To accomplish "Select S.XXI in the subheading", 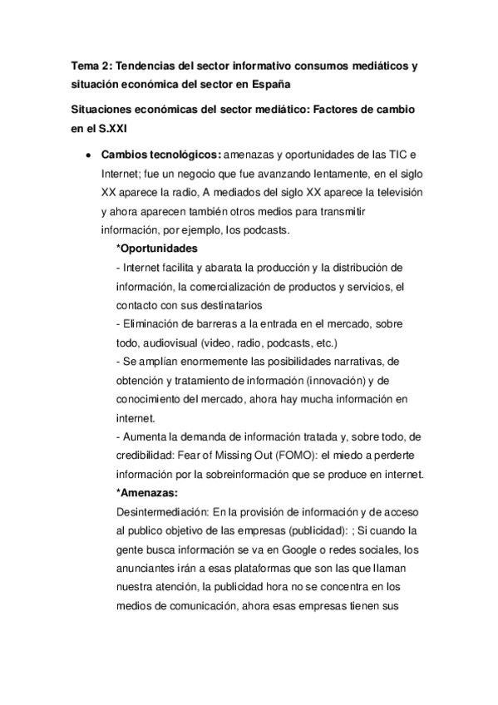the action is [x=115, y=128].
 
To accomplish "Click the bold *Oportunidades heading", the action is [x=156, y=249].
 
